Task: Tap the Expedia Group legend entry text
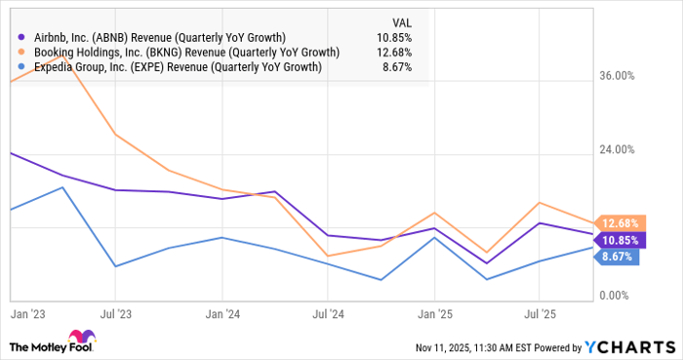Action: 179,67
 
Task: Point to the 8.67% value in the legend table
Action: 396,67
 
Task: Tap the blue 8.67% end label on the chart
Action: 618,257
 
